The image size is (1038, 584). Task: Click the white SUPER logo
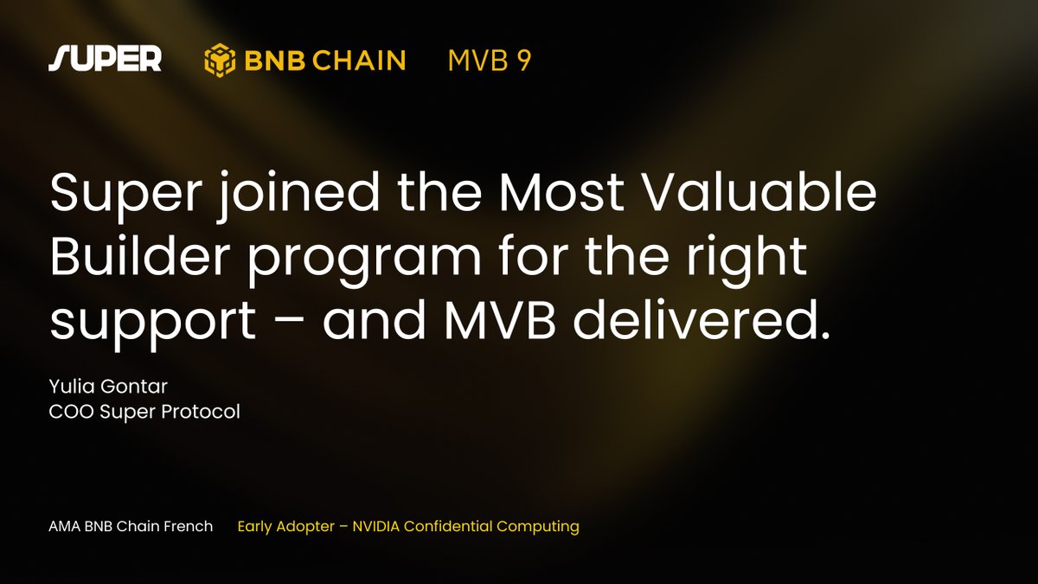[106, 59]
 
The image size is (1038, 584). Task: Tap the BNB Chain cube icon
[220, 60]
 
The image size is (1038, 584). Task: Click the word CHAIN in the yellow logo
[359, 61]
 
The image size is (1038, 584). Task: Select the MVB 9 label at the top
[490, 61]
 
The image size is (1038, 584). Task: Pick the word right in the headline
[746, 259]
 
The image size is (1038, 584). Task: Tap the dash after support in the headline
[290, 321]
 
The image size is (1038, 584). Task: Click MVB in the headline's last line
[500, 320]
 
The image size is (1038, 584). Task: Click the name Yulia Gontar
[108, 386]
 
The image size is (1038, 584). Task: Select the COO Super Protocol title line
[144, 412]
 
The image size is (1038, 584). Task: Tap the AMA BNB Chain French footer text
[131, 527]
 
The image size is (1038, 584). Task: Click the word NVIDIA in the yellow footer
[375, 527]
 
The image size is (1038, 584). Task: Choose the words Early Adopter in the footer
[286, 527]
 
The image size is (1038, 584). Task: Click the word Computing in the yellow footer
[537, 527]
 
